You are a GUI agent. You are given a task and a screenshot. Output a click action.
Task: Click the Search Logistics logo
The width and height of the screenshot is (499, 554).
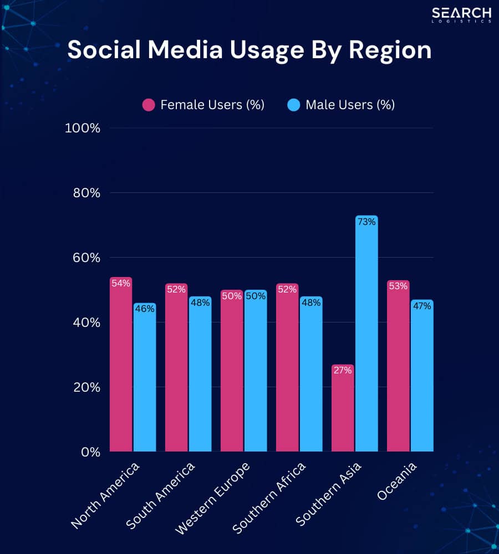pyautogui.click(x=461, y=15)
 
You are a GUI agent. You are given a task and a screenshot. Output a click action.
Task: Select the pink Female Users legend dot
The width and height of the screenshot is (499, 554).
pyautogui.click(x=149, y=105)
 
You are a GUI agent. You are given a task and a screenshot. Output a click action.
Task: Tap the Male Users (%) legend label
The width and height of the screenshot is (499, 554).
pyautogui.click(x=350, y=105)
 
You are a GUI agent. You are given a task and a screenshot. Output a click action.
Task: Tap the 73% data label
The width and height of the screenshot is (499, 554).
pyautogui.click(x=366, y=222)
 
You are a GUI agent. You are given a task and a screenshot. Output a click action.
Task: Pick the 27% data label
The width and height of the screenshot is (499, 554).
pyautogui.click(x=343, y=370)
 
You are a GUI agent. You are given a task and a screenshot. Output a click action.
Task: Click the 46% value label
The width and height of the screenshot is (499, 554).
pyautogui.click(x=145, y=309)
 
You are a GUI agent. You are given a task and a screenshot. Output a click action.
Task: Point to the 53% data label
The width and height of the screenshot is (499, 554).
pyautogui.click(x=398, y=286)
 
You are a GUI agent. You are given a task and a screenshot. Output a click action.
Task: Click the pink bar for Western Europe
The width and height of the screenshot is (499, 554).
pyautogui.click(x=232, y=377)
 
